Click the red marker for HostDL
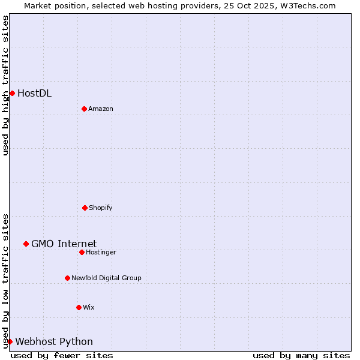(12, 93)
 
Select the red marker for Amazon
(84, 109)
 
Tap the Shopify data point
(85, 208)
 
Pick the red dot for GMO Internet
(26, 244)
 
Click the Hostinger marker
(82, 252)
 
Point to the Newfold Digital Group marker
(67, 278)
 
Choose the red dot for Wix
(79, 307)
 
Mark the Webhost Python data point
(10, 341)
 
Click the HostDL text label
(34, 93)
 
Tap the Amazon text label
(101, 109)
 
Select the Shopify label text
(101, 208)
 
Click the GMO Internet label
(64, 244)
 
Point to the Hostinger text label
(101, 252)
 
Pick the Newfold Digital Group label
(106, 278)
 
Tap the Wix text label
(89, 307)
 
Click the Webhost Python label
(54, 341)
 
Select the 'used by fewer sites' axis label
(62, 355)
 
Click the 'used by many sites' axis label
(301, 355)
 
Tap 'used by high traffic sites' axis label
(5, 85)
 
